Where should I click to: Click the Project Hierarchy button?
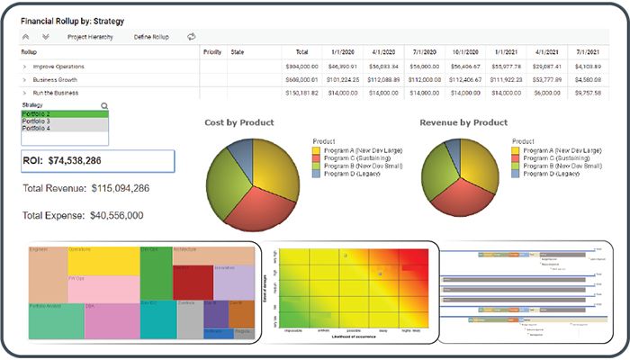pyautogui.click(x=90, y=37)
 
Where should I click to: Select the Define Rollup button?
pyautogui.click(x=151, y=37)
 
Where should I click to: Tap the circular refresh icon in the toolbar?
pyautogui.click(x=191, y=37)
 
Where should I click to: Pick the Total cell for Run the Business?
pyautogui.click(x=301, y=93)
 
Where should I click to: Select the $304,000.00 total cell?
pyautogui.click(x=301, y=67)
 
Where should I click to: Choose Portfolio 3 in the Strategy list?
pyautogui.click(x=36, y=121)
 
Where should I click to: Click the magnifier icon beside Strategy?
pyautogui.click(x=104, y=105)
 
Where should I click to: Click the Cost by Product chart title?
pyautogui.click(x=239, y=121)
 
